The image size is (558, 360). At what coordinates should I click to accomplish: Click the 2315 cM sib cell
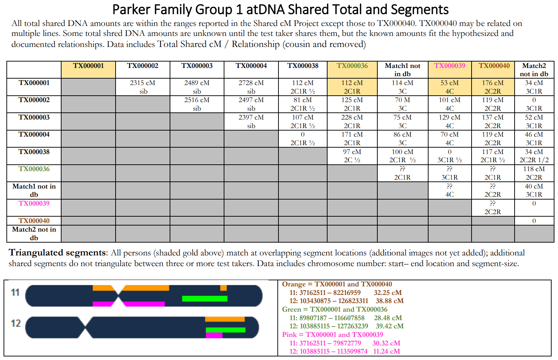coord(143,87)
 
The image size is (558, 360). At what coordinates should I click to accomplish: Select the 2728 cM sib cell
coord(251,87)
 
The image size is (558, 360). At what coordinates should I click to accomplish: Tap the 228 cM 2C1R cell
coord(352,121)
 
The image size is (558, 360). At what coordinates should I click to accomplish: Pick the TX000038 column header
coord(303,66)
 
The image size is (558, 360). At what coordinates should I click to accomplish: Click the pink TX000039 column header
coord(450,66)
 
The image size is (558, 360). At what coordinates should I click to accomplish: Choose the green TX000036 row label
coord(34,169)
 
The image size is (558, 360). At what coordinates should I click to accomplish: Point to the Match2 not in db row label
coord(34,233)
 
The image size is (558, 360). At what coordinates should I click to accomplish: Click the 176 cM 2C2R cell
coord(493,87)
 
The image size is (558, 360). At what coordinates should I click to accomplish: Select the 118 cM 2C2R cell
coord(534,173)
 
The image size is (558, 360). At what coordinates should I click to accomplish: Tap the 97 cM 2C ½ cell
coord(352,156)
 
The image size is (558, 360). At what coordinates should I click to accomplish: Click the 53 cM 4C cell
coord(450,87)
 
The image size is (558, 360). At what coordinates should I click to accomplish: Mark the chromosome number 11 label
coord(15,292)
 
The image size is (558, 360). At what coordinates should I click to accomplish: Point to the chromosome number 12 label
coord(16,323)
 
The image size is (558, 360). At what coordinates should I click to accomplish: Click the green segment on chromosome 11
coord(204,298)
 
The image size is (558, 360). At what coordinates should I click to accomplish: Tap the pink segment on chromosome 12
coord(214,335)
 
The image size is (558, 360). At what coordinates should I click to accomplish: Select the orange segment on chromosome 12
coord(225,319)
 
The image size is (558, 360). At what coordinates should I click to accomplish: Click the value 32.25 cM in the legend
coord(388,293)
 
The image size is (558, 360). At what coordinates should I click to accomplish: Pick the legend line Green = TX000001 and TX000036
coord(334,309)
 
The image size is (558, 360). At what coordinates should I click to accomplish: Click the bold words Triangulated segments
coord(58,253)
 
